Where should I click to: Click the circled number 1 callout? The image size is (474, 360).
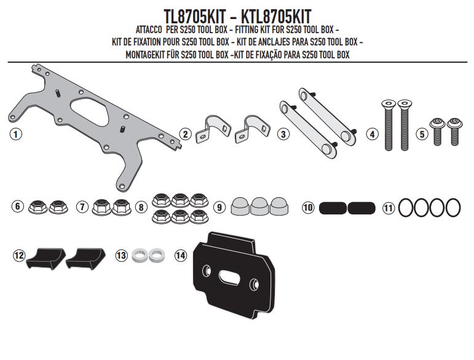tap(16, 134)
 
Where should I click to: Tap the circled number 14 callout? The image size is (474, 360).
tap(181, 256)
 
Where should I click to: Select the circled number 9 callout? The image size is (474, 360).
tap(219, 207)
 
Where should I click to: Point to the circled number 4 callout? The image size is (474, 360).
tap(372, 134)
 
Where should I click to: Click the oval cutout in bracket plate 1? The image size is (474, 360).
tap(90, 111)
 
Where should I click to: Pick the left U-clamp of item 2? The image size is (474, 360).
tap(213, 129)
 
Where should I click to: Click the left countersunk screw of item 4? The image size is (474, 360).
tap(389, 125)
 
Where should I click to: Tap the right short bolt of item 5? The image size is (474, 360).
tap(455, 131)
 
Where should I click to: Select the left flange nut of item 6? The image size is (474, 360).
tap(38, 206)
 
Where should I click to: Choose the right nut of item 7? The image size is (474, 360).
tap(122, 207)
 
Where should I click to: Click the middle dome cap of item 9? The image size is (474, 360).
tap(259, 206)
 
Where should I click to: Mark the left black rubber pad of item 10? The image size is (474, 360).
tap(333, 208)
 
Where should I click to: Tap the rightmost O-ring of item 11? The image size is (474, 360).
tap(452, 208)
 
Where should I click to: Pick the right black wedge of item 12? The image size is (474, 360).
tap(85, 259)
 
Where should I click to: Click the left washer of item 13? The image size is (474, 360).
tap(140, 255)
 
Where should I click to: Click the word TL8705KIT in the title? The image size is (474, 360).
tap(195, 17)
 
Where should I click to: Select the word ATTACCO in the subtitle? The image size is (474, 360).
tap(149, 30)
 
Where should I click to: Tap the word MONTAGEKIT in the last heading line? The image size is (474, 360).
tap(145, 55)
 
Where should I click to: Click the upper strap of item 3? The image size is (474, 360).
tap(328, 115)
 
